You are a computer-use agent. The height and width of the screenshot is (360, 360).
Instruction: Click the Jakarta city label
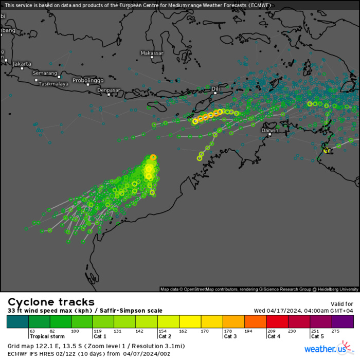(x=22, y=64)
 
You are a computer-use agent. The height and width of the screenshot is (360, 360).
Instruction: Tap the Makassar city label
(x=152, y=53)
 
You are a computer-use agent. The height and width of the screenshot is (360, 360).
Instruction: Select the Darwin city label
(x=270, y=130)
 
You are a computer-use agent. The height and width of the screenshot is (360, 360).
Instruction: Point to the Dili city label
(x=215, y=88)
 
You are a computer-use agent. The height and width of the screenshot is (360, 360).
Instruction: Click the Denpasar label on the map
(x=109, y=90)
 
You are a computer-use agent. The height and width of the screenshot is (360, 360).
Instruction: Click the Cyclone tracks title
(x=51, y=302)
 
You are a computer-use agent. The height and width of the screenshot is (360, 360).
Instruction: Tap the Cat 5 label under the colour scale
(x=317, y=336)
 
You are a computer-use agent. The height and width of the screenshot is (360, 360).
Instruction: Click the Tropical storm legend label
(x=47, y=336)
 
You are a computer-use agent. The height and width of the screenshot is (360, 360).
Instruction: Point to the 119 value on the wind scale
(x=98, y=331)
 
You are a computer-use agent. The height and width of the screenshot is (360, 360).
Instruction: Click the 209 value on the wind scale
(x=271, y=331)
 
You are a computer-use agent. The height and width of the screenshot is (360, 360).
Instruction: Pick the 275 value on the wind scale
(x=336, y=331)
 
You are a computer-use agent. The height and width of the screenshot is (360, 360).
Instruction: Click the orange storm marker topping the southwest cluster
(x=153, y=157)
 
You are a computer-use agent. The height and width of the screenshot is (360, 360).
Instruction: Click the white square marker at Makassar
(x=152, y=57)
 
